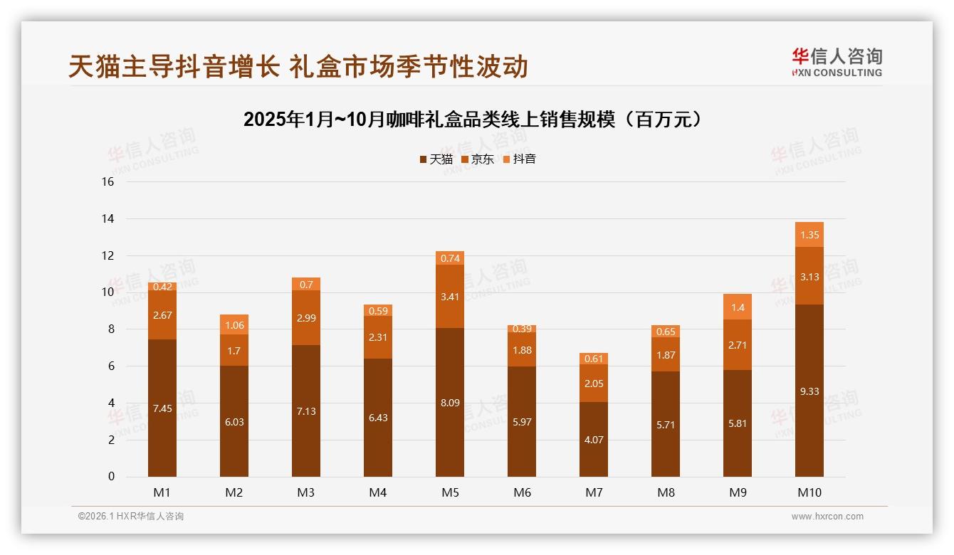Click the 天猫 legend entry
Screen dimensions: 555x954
point(436,159)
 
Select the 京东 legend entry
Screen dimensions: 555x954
point(477,159)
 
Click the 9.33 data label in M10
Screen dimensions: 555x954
point(809,391)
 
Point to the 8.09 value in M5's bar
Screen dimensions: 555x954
point(450,403)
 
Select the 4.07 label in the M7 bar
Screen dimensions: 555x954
point(594,440)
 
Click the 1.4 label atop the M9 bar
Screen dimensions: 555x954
point(738,307)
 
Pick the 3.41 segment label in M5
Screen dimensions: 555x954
point(450,296)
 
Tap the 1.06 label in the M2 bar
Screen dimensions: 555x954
point(234,325)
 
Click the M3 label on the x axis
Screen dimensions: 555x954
point(306,492)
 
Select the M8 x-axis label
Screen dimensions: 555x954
point(666,492)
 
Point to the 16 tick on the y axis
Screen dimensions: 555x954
point(108,181)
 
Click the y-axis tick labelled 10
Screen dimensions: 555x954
point(108,292)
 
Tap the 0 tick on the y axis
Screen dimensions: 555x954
point(111,477)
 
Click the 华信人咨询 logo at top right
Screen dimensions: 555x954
point(837,62)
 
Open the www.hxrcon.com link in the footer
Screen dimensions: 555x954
point(827,517)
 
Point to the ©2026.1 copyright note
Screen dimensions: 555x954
point(131,517)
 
